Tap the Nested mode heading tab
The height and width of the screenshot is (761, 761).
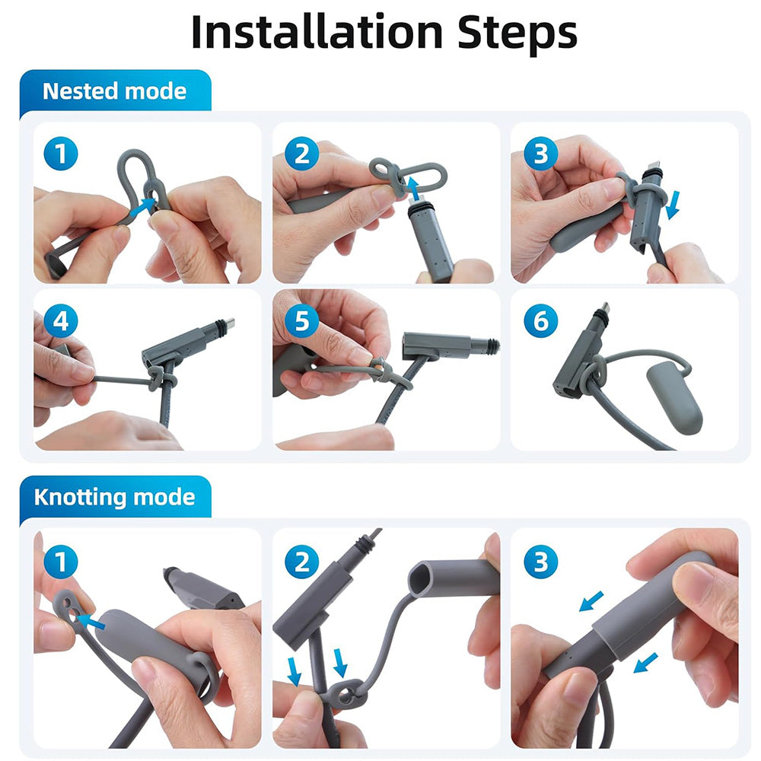[114, 91]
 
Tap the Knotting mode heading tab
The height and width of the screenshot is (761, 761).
[114, 497]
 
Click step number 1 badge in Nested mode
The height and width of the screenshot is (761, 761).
[61, 154]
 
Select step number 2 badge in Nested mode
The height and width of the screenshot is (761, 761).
[301, 154]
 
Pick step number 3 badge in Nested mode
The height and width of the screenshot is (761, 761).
[540, 154]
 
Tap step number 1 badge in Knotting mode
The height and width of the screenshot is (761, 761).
[61, 562]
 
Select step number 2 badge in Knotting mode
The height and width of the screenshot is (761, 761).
[301, 562]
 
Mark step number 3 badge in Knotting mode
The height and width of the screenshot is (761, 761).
[540, 562]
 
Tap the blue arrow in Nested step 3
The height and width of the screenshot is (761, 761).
[673, 205]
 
